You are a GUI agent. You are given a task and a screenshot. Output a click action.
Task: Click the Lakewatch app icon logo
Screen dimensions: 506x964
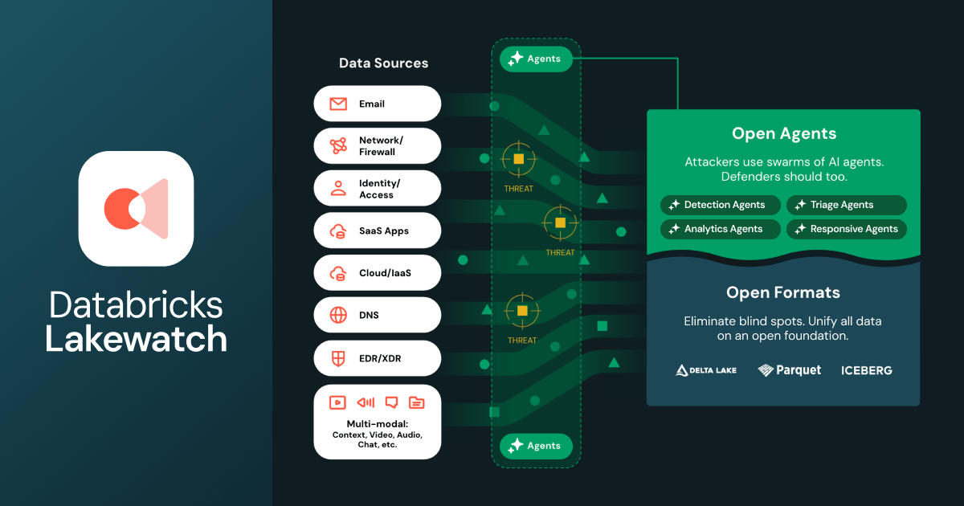point(136,209)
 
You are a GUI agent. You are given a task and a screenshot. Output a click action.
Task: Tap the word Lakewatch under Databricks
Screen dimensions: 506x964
point(136,339)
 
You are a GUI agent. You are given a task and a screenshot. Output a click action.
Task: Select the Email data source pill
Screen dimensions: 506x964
point(377,104)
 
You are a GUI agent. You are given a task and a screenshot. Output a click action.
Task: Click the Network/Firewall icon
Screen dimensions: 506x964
point(338,146)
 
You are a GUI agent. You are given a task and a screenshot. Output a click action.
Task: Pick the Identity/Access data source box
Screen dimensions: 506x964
point(377,189)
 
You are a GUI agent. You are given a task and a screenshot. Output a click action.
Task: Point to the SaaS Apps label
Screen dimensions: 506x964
point(384,231)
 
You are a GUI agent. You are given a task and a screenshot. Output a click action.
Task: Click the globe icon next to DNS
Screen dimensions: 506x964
point(338,316)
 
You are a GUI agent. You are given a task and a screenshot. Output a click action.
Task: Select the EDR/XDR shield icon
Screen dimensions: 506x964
point(338,358)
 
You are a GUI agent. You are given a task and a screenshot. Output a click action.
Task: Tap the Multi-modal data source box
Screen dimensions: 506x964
point(377,422)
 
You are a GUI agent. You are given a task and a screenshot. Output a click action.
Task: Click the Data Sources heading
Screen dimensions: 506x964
point(383,63)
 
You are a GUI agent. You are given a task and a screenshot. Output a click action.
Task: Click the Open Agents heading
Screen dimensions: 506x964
point(783,133)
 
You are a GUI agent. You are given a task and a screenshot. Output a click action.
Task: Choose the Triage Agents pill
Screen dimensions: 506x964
point(846,205)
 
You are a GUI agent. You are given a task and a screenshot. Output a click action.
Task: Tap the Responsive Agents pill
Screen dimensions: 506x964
point(846,229)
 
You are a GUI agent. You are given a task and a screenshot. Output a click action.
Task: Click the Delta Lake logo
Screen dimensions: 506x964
point(706,370)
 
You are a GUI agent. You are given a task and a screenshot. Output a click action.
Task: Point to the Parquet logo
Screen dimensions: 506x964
point(790,370)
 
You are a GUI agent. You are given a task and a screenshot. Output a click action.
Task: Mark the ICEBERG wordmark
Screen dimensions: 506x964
point(866,370)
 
